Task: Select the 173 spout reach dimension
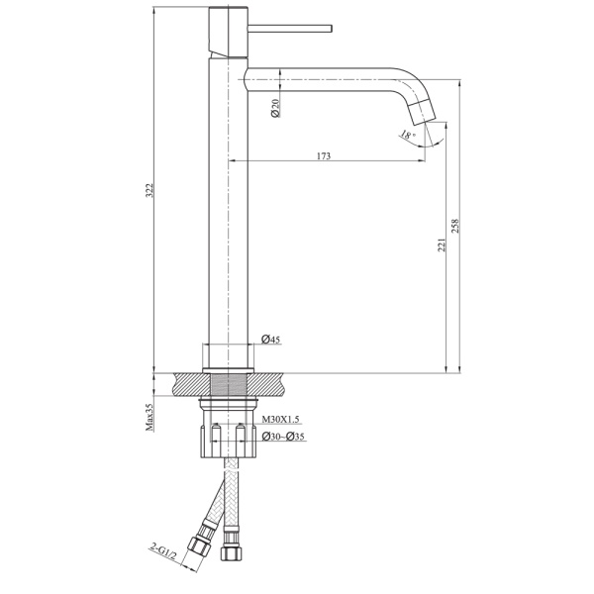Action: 324,155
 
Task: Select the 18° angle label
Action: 407,135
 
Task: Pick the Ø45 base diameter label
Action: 271,340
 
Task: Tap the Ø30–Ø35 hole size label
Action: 284,436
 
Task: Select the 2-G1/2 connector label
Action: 160,549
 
